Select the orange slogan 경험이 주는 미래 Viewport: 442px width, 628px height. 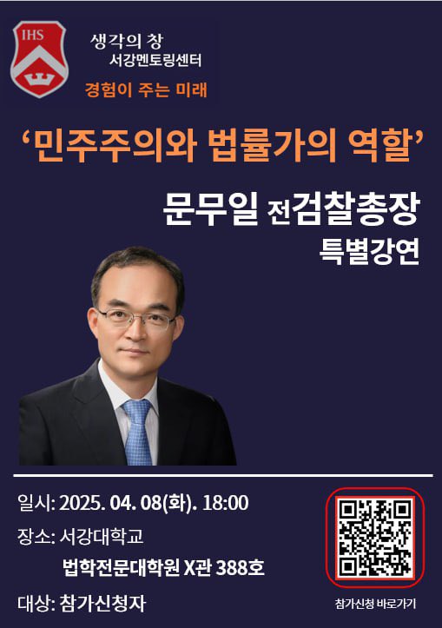click(x=146, y=89)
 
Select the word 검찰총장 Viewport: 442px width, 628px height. click(x=356, y=208)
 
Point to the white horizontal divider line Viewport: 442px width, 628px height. click(x=221, y=474)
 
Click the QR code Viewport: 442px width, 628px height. click(x=375, y=539)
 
